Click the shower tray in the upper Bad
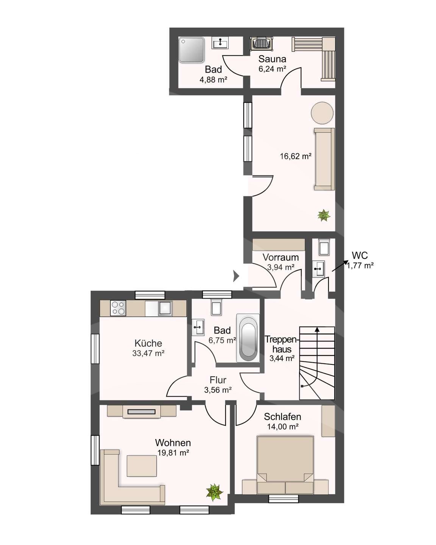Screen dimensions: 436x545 point(191,50)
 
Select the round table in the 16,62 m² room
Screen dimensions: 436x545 point(322,113)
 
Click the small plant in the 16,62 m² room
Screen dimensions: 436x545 point(324,215)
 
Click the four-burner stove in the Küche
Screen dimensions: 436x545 point(118,308)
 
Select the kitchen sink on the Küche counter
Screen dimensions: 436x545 point(165,308)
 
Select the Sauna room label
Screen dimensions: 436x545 point(272,59)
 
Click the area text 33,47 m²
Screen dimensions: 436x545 point(148,353)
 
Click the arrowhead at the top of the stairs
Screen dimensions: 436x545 point(317,329)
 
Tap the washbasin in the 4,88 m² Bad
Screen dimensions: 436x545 point(220,43)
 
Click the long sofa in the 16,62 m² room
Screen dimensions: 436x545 point(324,159)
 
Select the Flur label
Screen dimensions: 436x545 point(218,380)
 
